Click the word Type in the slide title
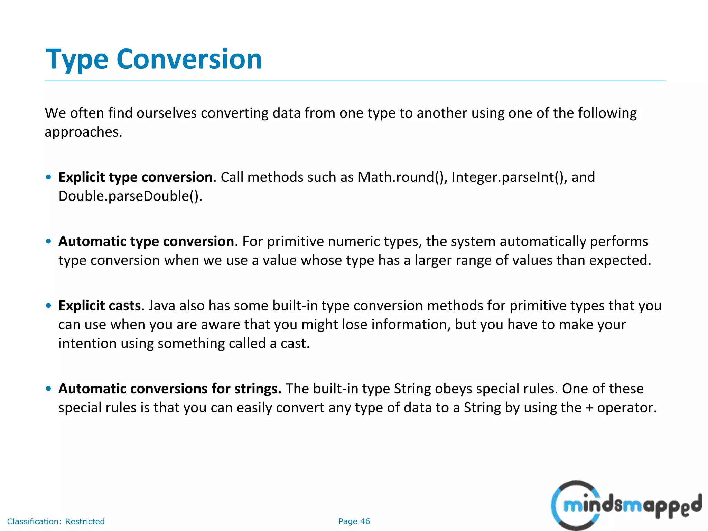pyautogui.click(x=77, y=59)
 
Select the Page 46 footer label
pyautogui.click(x=354, y=521)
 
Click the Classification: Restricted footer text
pyautogui.click(x=56, y=521)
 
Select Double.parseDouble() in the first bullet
pyautogui.click(x=130, y=196)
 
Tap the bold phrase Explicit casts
pyautogui.click(x=100, y=306)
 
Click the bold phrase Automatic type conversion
pyautogui.click(x=146, y=241)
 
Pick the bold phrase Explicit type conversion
pyautogui.click(x=135, y=177)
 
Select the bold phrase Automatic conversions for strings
pyautogui.click(x=170, y=389)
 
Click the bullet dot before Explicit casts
pyautogui.click(x=49, y=306)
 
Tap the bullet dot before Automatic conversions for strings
pyautogui.click(x=49, y=389)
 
